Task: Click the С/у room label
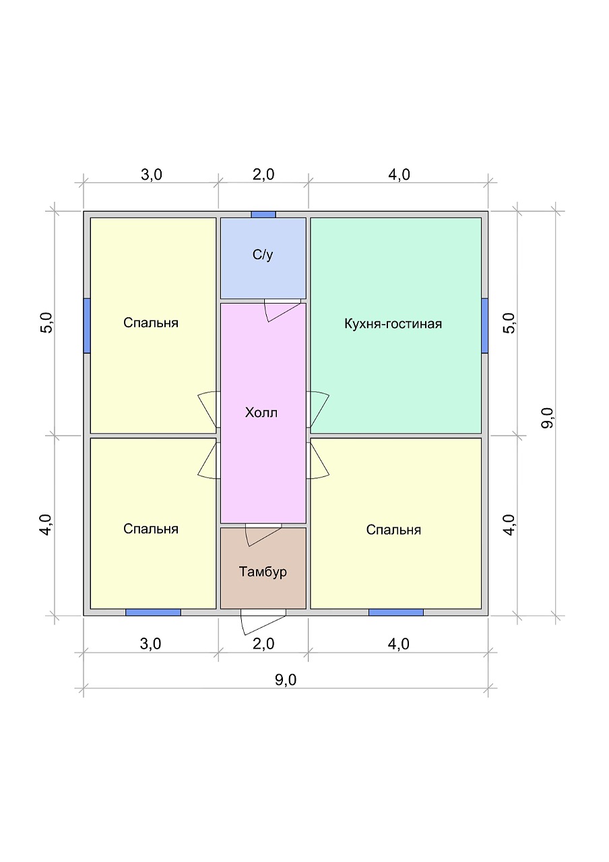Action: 263,255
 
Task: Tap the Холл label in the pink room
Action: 261,413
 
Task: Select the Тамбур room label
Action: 263,572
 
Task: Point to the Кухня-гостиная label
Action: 393,324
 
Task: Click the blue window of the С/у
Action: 263,214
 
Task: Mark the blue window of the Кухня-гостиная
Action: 484,325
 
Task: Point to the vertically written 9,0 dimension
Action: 547,418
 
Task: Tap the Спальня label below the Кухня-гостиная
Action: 393,530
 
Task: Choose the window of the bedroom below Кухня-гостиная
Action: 396,612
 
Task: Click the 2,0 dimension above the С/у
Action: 263,174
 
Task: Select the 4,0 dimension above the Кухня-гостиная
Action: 399,174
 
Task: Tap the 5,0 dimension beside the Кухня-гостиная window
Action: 509,323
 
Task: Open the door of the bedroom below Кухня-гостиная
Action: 319,461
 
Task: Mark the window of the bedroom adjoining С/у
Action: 87,325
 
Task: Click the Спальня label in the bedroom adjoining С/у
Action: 151,323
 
